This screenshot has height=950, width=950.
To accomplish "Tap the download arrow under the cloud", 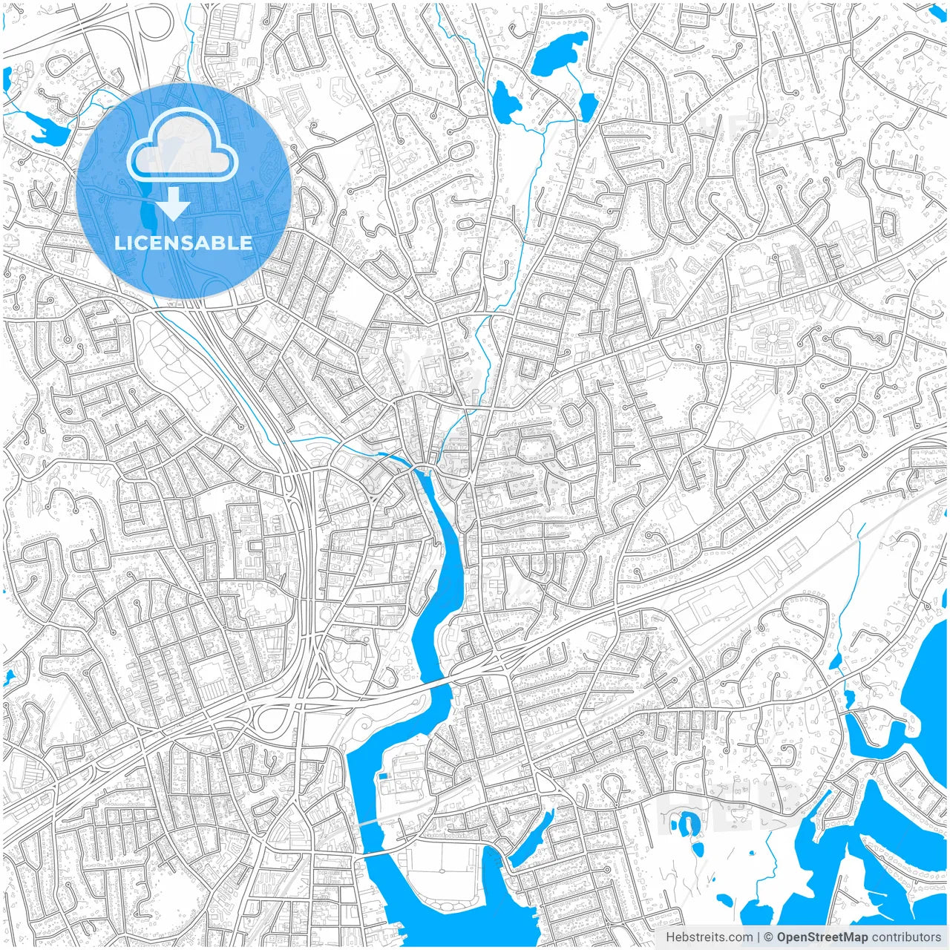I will pos(174,204).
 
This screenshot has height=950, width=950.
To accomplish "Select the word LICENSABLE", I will pos(183,243).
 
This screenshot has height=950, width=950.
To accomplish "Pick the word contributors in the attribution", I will pos(905,937).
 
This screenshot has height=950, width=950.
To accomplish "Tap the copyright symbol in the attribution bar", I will pos(769,937).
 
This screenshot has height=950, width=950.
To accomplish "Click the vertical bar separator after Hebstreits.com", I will pos(758,937).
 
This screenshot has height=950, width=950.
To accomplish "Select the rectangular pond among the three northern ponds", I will pos(587,108).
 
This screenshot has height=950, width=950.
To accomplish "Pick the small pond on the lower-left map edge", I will pos(9,678).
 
